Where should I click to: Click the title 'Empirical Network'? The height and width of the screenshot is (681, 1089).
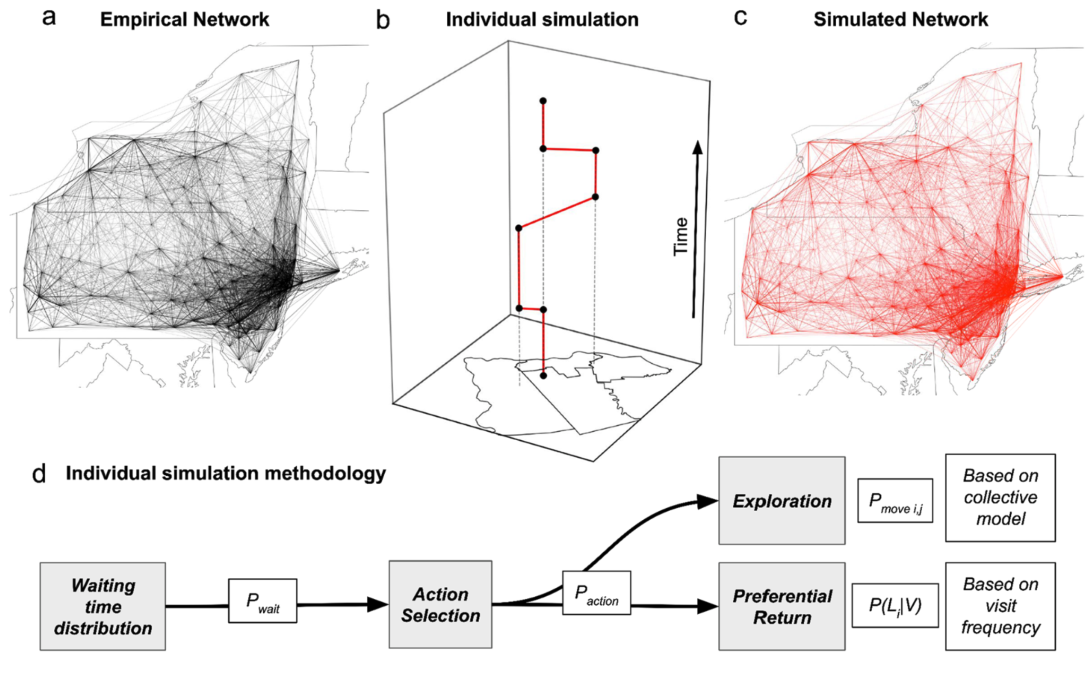184,20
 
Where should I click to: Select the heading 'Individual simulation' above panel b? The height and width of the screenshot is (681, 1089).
542,20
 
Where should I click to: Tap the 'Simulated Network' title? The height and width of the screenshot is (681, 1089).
901,20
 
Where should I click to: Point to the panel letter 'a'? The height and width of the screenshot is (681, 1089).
48,18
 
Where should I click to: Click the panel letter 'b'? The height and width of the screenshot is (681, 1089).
383,21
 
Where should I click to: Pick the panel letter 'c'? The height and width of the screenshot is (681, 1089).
740,18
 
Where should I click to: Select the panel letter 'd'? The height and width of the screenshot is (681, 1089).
39,474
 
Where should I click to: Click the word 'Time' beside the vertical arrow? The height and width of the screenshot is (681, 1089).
681,237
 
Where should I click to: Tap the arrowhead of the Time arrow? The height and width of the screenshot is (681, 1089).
697,148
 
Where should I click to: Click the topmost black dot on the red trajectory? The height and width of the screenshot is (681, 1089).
543,101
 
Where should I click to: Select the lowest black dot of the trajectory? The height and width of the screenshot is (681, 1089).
543,375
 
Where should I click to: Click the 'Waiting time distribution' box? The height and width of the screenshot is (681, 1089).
103,606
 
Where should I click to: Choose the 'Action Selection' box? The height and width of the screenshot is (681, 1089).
440,604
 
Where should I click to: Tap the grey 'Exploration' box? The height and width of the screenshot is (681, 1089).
782,501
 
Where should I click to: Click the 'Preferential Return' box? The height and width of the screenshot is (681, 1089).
782,606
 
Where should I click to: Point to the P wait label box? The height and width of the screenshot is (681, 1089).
263,601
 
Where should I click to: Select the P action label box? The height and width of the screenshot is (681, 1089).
597,593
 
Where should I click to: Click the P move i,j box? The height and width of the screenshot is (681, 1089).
895,501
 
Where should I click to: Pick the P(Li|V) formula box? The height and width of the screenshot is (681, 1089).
895,605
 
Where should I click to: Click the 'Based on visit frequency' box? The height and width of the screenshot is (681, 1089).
1000,606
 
